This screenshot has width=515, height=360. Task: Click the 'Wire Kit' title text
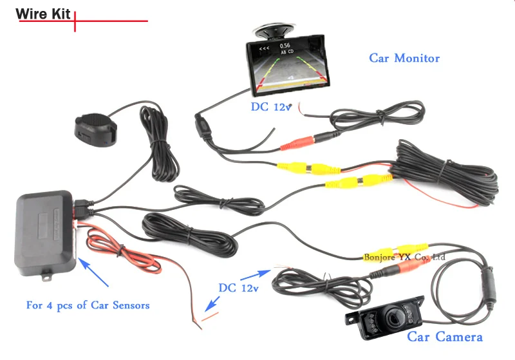pyautogui.click(x=42, y=14)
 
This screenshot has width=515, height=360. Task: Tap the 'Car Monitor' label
pyautogui.click(x=404, y=59)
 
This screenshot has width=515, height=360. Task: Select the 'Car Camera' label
pyautogui.click(x=444, y=337)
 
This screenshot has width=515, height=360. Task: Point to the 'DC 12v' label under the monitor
pyautogui.click(x=270, y=108)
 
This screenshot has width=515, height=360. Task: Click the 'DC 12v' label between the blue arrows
pyautogui.click(x=238, y=288)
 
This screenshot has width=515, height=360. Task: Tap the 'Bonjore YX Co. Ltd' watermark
pyautogui.click(x=405, y=257)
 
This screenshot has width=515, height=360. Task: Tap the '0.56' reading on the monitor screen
pyautogui.click(x=285, y=46)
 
